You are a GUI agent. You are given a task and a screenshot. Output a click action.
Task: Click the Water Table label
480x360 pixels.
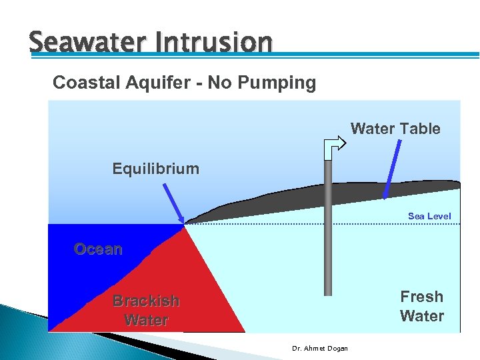coord(395,128)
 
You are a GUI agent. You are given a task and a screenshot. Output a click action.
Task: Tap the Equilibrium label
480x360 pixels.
coord(155,168)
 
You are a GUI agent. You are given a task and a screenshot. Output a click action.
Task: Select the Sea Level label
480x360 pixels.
coord(429,216)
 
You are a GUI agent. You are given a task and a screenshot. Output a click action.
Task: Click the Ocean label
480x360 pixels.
coord(98,249)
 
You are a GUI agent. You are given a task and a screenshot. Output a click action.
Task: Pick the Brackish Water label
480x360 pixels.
coord(146,310)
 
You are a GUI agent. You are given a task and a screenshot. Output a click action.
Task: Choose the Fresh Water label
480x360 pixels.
coord(421,306)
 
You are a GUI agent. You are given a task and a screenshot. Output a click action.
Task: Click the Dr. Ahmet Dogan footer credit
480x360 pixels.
coord(320,348)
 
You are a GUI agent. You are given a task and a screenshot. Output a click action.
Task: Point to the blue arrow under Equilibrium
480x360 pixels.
coord(173,203)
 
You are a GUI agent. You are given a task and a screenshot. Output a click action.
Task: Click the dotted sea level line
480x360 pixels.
coord(373,224)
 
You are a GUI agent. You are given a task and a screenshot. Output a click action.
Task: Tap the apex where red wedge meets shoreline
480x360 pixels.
coord(185,225)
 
